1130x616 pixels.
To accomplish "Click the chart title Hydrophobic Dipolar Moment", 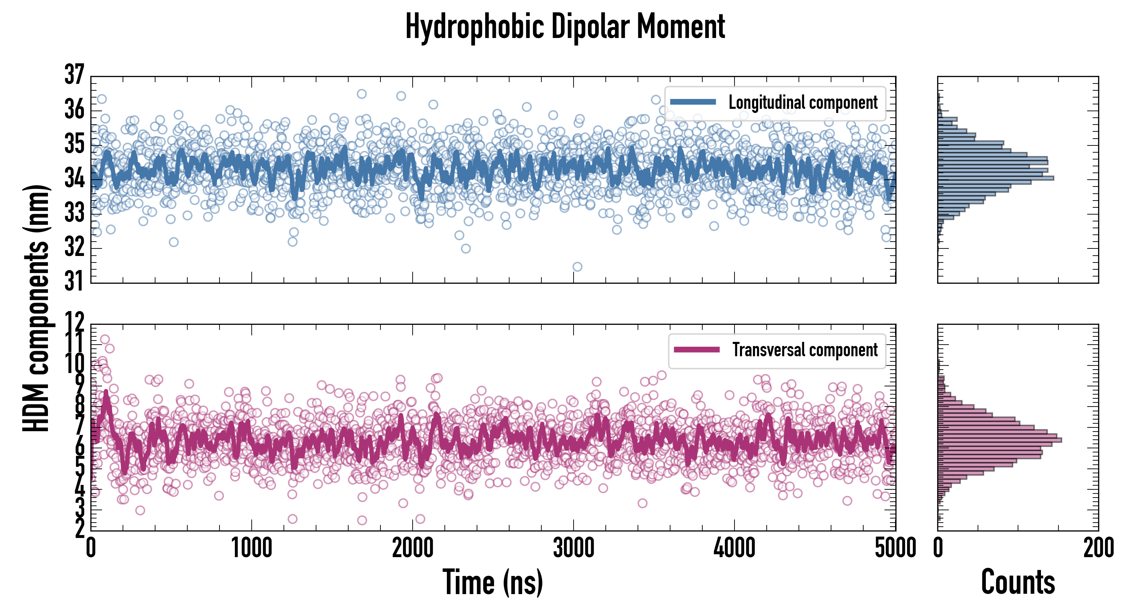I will click(565, 27).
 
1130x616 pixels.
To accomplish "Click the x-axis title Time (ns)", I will click(493, 582).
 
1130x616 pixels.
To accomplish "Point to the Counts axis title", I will click(1018, 582).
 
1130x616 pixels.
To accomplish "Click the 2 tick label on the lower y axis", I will click(79, 529).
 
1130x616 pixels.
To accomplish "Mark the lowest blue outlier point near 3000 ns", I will click(577, 267).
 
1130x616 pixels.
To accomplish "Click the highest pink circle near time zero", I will click(105, 339).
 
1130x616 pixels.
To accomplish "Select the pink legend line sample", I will click(696, 350).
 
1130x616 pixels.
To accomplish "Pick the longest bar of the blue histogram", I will click(995, 178).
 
